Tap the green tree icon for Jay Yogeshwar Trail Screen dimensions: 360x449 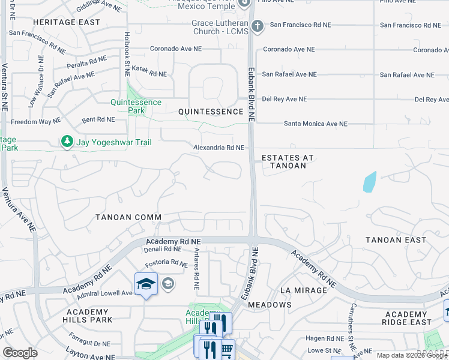67,142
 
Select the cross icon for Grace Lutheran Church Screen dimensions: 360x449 257,26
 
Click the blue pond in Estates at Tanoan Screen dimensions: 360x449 370,182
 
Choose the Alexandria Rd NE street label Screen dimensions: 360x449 218,148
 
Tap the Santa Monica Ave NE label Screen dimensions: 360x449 316,124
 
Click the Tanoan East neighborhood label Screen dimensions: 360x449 396,240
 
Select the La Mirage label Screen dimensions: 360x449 304,290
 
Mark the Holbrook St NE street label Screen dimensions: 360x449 127,54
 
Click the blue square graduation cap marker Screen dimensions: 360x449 146,283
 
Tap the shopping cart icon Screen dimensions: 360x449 226,349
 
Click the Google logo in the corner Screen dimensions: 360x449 20,353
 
